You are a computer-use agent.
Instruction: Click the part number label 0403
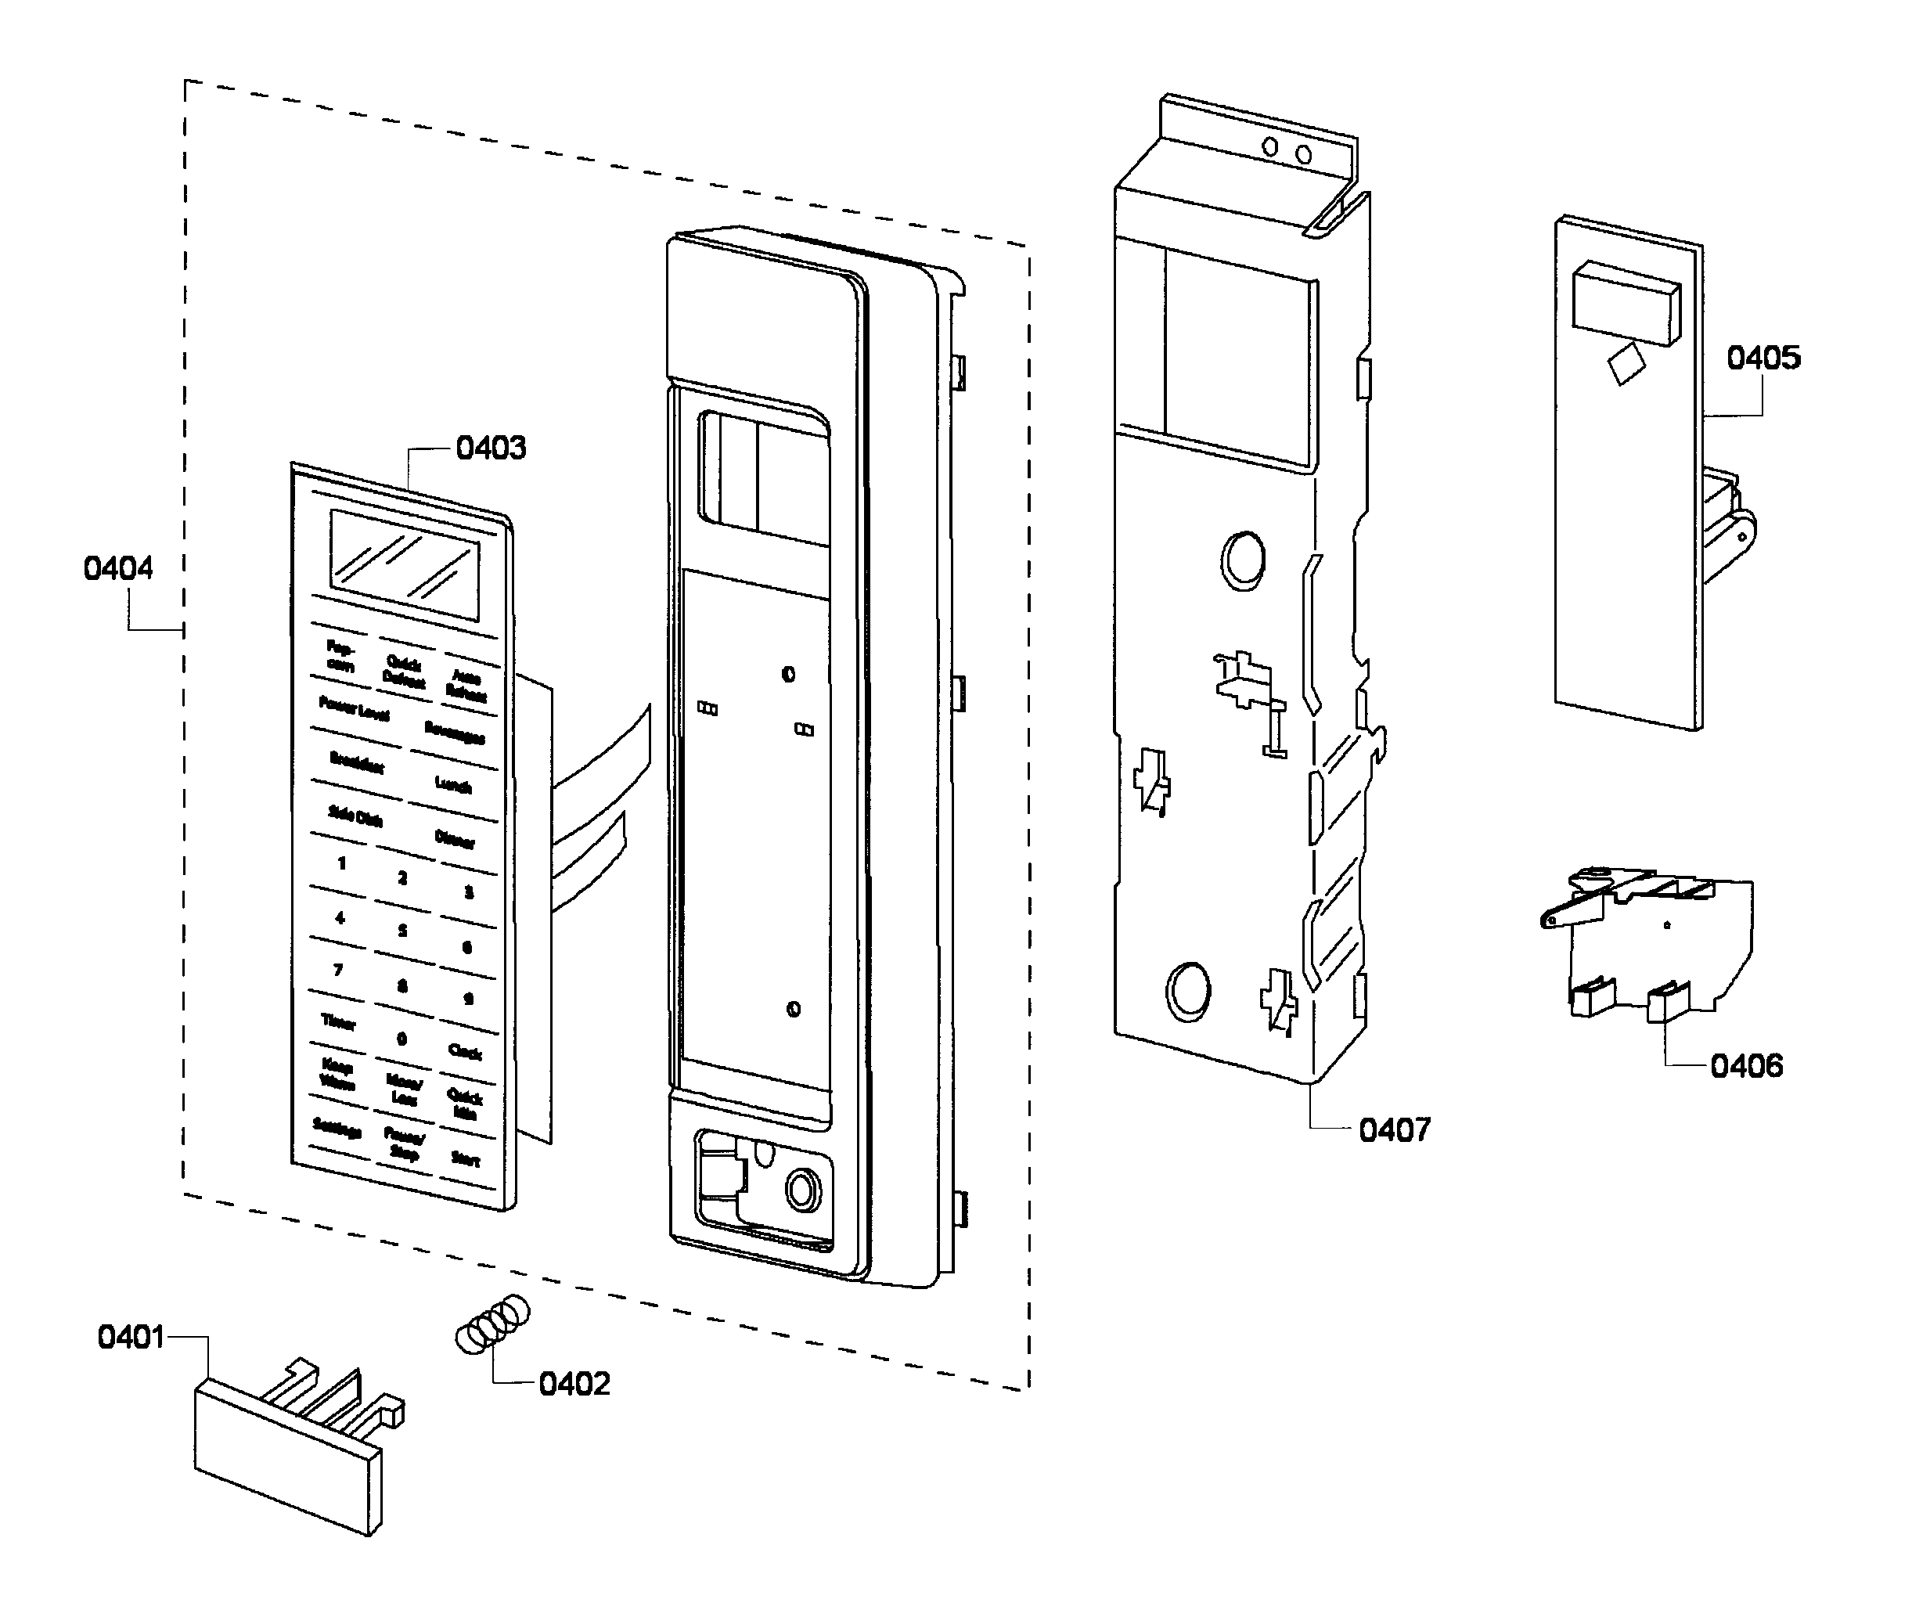click(490, 448)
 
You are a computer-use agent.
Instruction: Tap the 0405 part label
click(1763, 358)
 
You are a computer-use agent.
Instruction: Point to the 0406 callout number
click(1745, 1066)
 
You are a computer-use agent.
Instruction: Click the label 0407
click(1394, 1130)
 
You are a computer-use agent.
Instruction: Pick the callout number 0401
click(131, 1338)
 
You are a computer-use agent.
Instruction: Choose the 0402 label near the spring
click(573, 1384)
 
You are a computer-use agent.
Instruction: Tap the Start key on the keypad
click(465, 1159)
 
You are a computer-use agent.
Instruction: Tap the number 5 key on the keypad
click(401, 931)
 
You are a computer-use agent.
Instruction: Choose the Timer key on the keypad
click(337, 1021)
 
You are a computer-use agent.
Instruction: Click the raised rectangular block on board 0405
click(1625, 304)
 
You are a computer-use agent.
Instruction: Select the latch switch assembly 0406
click(1652, 945)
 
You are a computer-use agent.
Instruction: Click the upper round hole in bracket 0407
click(1242, 560)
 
